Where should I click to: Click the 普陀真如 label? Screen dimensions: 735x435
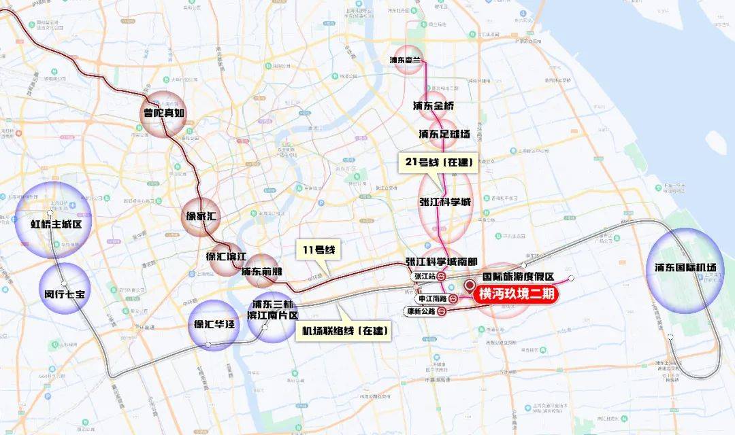point(164,113)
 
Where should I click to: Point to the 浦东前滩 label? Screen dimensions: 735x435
point(262,271)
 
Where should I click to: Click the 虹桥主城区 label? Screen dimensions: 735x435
point(52,224)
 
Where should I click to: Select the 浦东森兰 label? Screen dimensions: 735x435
point(406,60)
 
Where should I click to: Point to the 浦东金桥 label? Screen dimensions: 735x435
point(433,106)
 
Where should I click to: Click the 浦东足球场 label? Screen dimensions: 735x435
point(444,134)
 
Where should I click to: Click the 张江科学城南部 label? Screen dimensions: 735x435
point(441,262)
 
